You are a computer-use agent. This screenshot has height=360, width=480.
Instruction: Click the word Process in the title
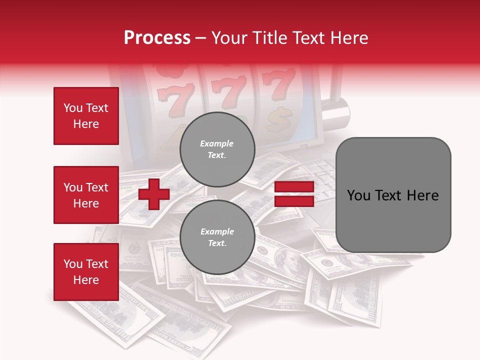point(157,38)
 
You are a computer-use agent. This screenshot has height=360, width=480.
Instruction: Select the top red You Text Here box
point(86,116)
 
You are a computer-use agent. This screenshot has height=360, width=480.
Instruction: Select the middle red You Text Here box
point(86,195)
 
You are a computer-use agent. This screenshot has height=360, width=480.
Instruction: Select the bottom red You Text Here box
point(86,272)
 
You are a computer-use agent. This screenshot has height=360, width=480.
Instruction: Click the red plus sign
point(154,194)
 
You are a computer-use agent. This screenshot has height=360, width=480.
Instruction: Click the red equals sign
point(294,194)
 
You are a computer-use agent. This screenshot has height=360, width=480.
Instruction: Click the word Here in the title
point(349,38)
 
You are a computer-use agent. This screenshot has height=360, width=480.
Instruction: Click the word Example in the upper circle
point(216,143)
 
